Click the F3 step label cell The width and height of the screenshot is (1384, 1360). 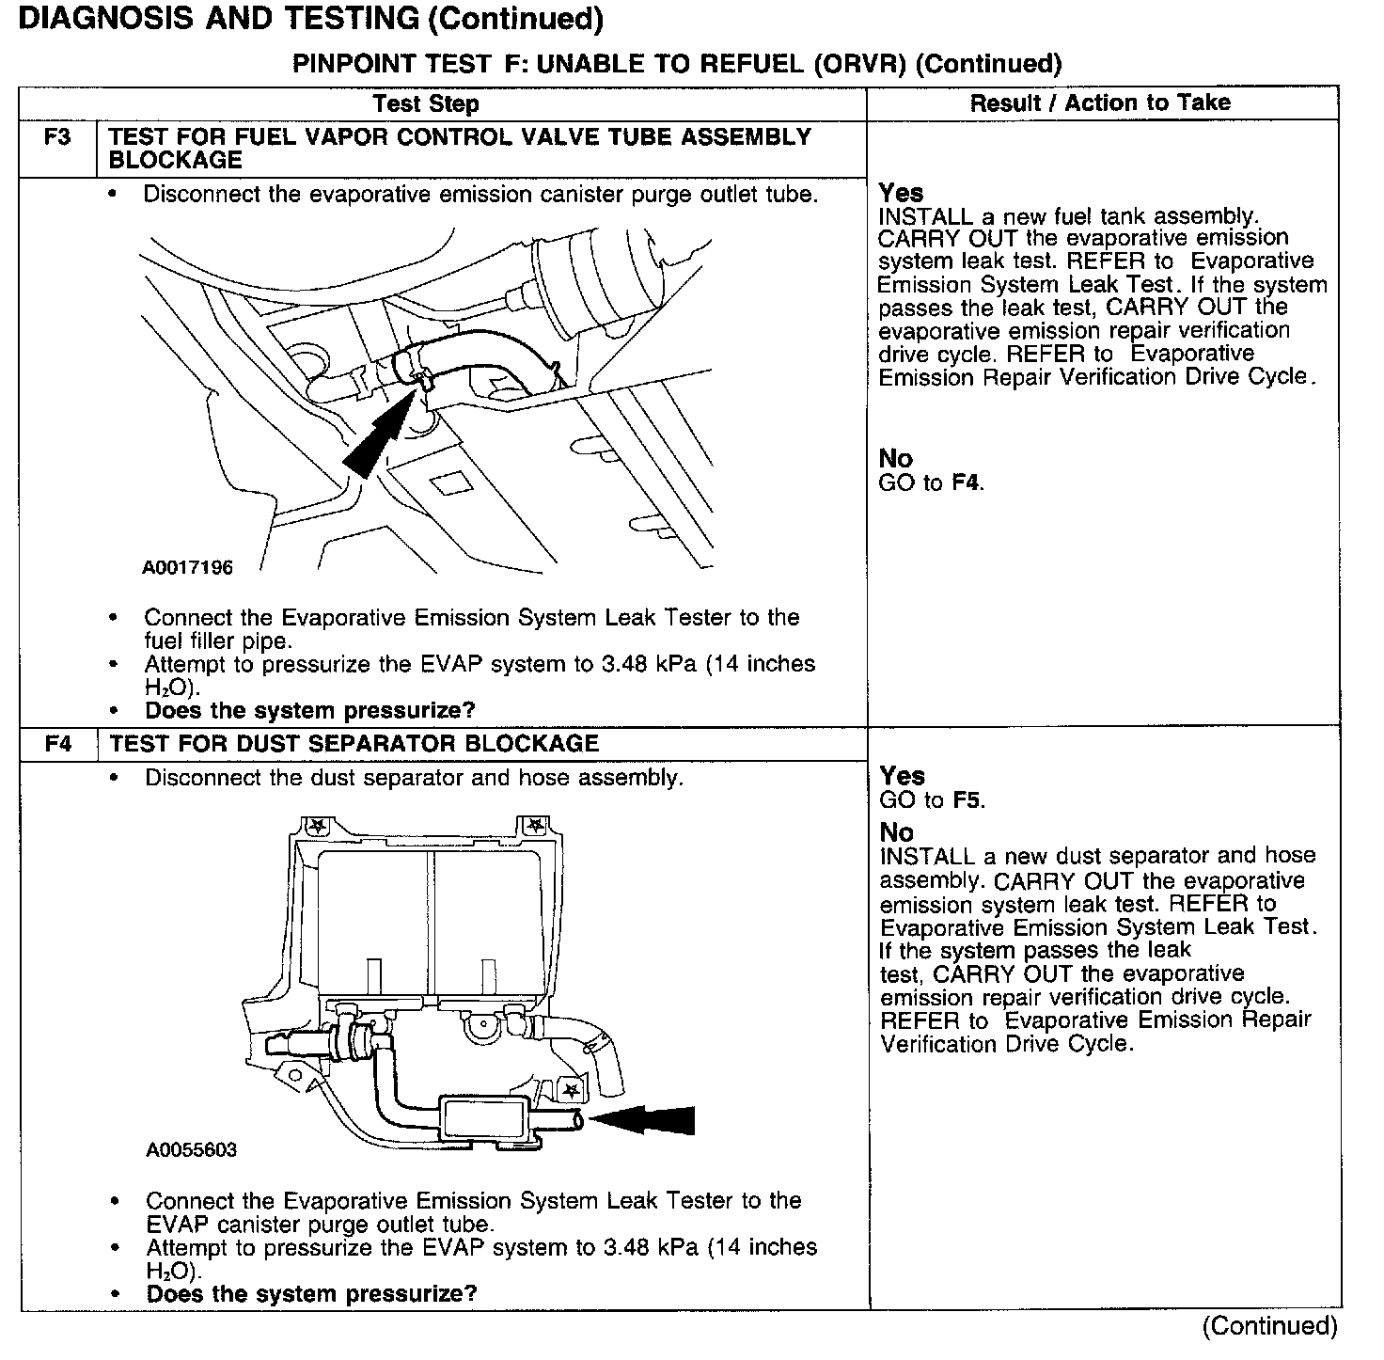click(57, 138)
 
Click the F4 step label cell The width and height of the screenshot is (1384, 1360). click(58, 744)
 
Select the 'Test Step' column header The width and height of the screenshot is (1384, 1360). click(425, 103)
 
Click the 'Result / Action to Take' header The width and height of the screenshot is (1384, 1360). click(1100, 103)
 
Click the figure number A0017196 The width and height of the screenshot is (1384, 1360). click(188, 568)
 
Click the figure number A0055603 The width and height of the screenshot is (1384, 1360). click(192, 1149)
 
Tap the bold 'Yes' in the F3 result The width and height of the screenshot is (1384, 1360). click(901, 193)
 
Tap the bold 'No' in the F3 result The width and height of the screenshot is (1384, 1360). click(895, 459)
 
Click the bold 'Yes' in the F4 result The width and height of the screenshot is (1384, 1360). click(902, 776)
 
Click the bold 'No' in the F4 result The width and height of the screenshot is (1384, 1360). click(896, 832)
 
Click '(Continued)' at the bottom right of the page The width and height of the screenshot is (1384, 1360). click(1269, 1326)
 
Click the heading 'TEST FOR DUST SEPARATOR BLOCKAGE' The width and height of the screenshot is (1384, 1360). click(354, 744)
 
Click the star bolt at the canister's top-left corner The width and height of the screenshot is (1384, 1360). click(318, 827)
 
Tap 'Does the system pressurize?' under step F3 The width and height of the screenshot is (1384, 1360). click(310, 710)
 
